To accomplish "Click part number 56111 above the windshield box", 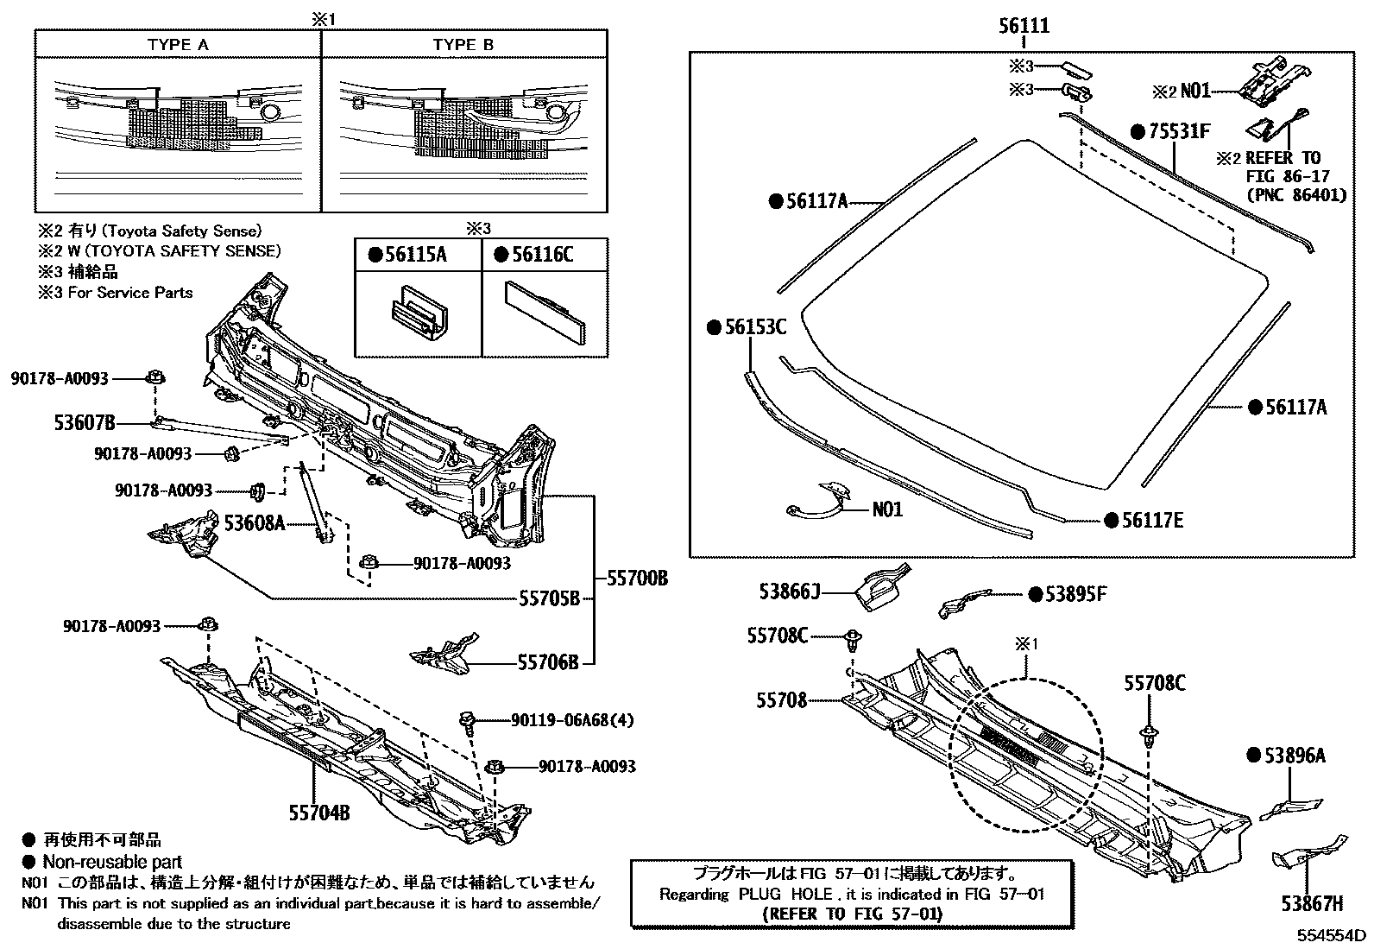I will pos(1024,26).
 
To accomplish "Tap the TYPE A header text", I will pos(178,45).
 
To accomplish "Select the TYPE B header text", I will pos(463,45).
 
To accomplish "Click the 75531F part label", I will pos(1178,131).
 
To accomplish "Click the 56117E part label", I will pos(1151,520).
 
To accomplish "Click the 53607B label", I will pos(85,423).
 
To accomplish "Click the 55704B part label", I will pos(318,813).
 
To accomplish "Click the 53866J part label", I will pos(789,592).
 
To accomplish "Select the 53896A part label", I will pos(1294,756).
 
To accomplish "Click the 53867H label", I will pos(1312,904).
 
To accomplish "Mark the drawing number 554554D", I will pos(1329,935).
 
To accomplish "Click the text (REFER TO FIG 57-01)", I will pos(853,913).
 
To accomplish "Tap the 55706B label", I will pos(548,662).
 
